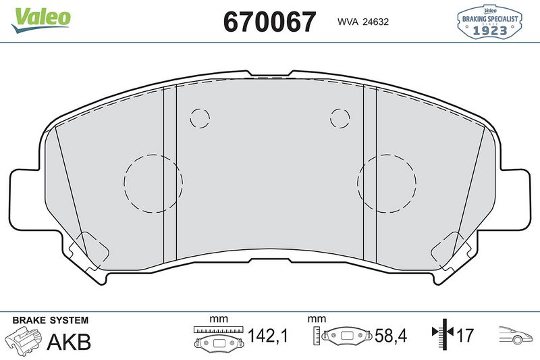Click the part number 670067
(x=269, y=22)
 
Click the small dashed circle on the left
(x=200, y=118)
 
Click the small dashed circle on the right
(x=340, y=118)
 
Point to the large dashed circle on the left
(x=153, y=182)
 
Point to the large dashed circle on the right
(x=387, y=182)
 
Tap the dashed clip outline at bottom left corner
(x=89, y=249)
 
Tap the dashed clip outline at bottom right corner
(x=451, y=249)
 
